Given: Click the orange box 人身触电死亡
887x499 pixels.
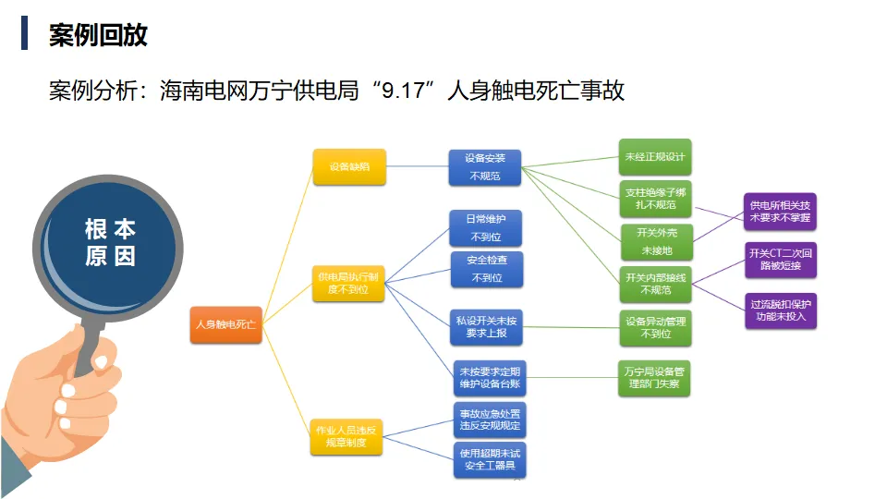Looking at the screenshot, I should [225, 325].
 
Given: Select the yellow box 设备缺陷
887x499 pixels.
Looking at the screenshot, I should [346, 167].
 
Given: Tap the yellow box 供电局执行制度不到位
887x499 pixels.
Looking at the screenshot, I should [346, 284].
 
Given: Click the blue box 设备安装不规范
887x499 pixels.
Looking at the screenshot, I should [485, 167].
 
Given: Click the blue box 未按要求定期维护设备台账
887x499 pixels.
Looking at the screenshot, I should [490, 377].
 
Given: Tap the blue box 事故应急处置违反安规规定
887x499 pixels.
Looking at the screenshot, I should [490, 420].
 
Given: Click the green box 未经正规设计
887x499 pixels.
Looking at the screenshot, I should [655, 157].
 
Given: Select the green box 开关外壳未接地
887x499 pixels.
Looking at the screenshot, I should [655, 241].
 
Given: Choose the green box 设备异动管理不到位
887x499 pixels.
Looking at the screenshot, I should [655, 327].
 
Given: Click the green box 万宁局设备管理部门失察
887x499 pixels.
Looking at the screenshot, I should [655, 378].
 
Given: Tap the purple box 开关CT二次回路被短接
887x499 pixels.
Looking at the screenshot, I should [781, 260].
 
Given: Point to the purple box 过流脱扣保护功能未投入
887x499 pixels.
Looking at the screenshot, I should [781, 310].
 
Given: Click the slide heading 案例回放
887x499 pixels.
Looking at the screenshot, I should [98, 35].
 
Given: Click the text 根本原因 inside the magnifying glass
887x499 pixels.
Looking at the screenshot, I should [110, 242].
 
